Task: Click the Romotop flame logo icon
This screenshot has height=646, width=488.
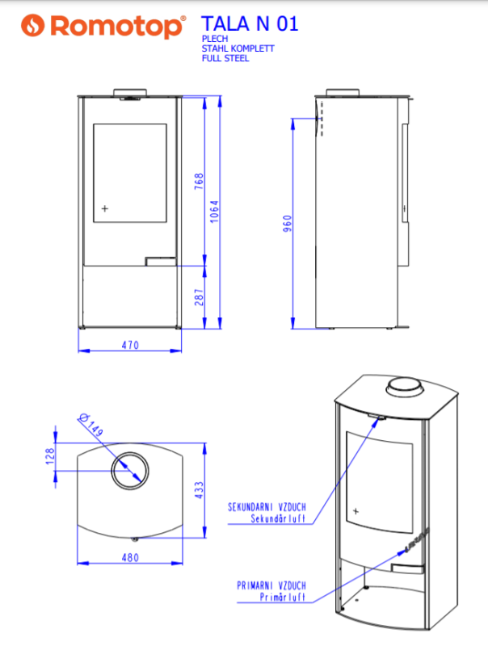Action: (x=32, y=26)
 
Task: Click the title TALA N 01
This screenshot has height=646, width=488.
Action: (x=250, y=23)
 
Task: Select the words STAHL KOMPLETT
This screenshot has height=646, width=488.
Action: (x=238, y=48)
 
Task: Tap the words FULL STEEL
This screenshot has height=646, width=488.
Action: (x=225, y=58)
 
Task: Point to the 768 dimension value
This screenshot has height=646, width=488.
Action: (x=199, y=181)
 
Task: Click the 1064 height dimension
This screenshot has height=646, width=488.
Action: (x=214, y=212)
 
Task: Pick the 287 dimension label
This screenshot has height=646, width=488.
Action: (x=199, y=297)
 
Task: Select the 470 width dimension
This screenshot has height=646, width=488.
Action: (x=130, y=346)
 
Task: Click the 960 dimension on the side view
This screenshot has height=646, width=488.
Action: (x=288, y=224)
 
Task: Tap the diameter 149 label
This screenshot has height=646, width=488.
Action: (x=91, y=426)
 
